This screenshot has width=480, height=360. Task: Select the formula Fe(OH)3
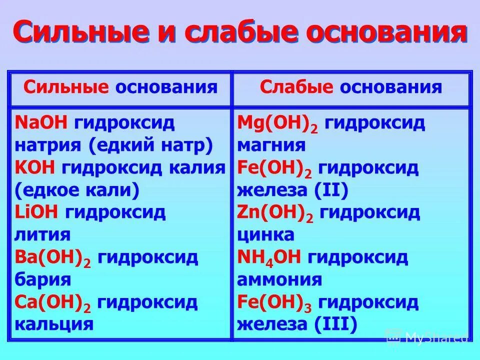coord(274,303)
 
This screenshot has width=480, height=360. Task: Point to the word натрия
coord(44,145)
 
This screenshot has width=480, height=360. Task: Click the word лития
coord(42,235)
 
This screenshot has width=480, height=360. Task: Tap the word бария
coord(42,279)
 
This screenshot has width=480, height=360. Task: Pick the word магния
coord(271,145)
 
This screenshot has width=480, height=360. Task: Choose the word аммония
coord(279,280)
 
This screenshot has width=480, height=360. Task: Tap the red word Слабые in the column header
coord(296,87)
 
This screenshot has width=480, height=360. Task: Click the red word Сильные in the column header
coord(66,87)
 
